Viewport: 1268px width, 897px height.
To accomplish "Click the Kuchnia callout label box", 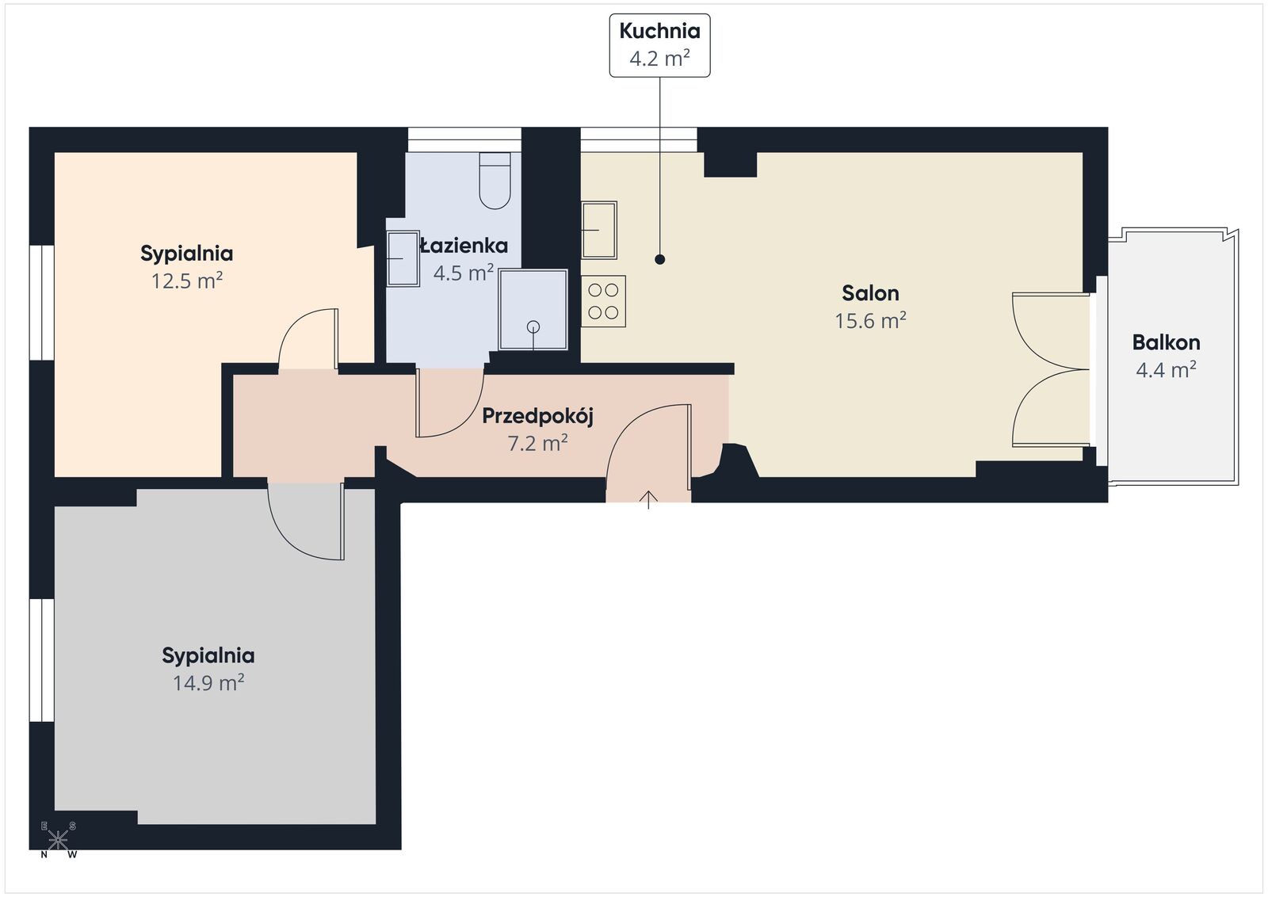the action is click(x=659, y=45).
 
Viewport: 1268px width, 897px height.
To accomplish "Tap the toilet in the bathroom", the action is click(x=495, y=181).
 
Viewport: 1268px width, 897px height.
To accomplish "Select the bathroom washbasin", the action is click(x=403, y=258).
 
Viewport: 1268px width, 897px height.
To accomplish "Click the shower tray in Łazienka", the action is click(x=533, y=310).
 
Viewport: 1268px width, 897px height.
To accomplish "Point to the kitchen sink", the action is click(x=599, y=231).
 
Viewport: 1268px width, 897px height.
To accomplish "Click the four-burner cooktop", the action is click(x=603, y=301).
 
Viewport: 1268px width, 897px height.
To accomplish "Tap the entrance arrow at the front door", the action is click(x=649, y=500).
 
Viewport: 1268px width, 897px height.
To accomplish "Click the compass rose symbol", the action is click(x=59, y=840).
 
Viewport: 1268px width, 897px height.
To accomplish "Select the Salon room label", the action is click(x=870, y=293).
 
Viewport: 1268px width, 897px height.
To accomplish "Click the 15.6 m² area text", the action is click(x=871, y=320).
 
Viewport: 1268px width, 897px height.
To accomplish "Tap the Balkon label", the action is click(x=1166, y=342).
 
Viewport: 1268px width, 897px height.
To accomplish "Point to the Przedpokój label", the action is click(x=538, y=417).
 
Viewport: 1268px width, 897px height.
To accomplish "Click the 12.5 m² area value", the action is click(x=187, y=281).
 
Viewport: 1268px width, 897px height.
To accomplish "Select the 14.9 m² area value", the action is click(x=208, y=682).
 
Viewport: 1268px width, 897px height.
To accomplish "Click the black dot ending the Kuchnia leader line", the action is click(x=660, y=259).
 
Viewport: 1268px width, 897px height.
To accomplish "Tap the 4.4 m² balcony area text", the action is click(x=1166, y=370).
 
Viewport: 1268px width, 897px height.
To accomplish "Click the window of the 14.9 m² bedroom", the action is click(x=42, y=660).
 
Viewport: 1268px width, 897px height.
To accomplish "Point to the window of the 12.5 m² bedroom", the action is click(x=42, y=303).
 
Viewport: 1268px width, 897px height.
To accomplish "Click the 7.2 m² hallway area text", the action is click(x=538, y=443).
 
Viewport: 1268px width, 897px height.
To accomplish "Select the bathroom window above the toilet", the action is click(x=464, y=139).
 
